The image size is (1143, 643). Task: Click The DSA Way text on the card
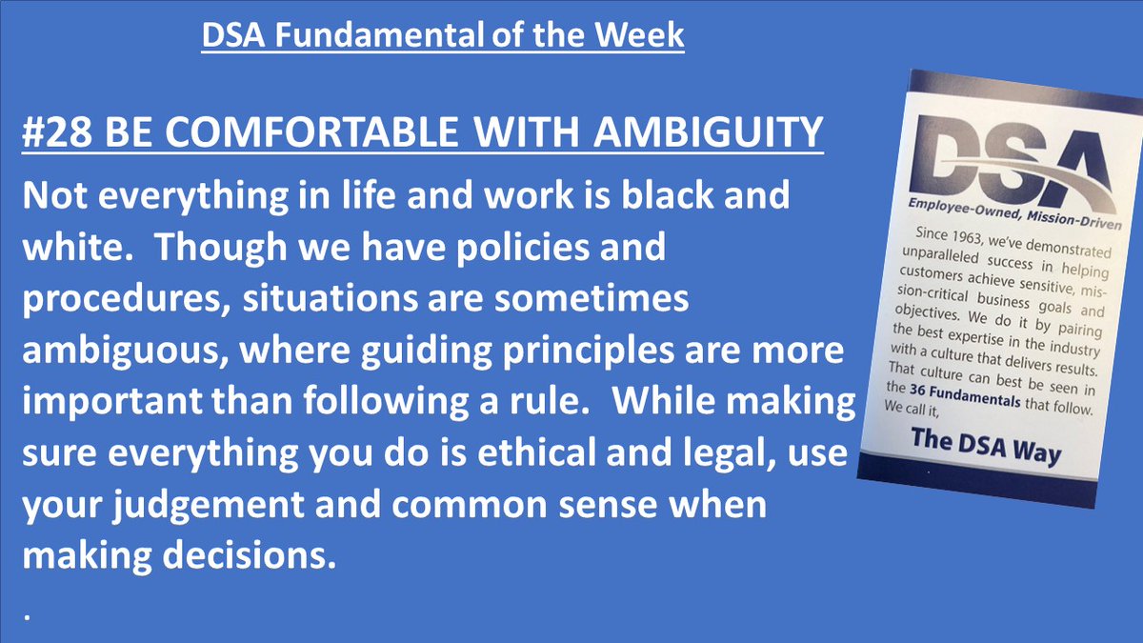985,445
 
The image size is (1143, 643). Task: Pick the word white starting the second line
65,250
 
